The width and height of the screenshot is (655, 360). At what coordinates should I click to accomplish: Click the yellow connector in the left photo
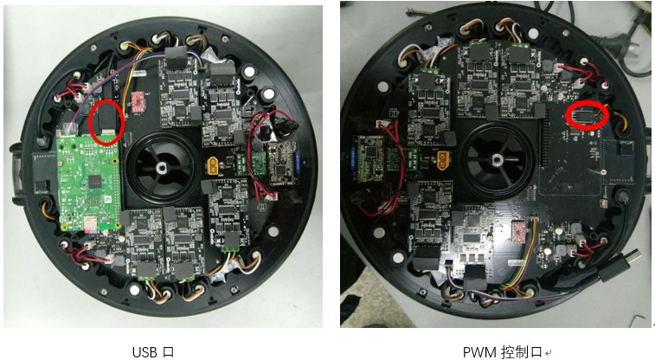[214, 164]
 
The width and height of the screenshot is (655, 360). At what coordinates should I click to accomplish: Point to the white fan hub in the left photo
[161, 168]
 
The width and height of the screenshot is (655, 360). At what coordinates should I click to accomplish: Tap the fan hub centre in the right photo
[497, 160]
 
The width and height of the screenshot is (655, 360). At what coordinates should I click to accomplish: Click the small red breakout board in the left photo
[137, 101]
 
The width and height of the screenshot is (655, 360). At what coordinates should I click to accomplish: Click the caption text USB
[143, 351]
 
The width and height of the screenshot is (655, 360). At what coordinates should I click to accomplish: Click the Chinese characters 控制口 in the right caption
[522, 351]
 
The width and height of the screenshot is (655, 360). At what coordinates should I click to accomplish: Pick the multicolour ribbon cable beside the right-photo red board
[529, 251]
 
